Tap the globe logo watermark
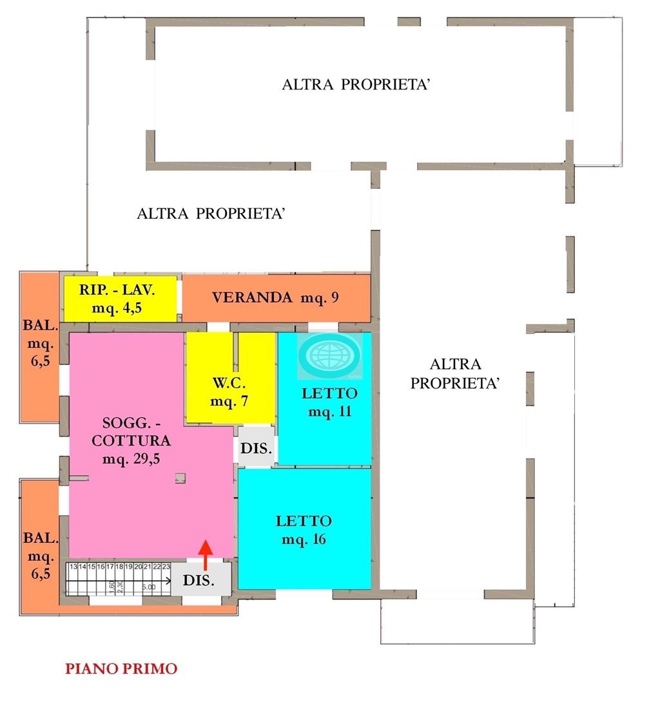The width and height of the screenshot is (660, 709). (x=331, y=355)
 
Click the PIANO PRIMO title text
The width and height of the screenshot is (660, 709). (x=121, y=669)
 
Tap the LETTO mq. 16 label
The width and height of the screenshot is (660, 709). (x=304, y=529)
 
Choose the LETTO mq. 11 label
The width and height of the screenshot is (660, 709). (x=329, y=402)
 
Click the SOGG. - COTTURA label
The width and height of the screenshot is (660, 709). (x=128, y=440)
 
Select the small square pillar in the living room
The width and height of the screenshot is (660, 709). (x=180, y=477)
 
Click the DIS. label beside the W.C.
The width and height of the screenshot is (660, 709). (x=257, y=447)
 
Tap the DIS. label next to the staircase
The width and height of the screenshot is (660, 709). (x=199, y=580)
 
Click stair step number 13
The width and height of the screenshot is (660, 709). (x=74, y=567)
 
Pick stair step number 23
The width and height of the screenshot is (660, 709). (x=166, y=567)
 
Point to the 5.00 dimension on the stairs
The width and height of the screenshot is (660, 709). (x=149, y=587)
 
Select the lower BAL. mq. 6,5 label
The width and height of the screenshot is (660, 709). (x=38, y=556)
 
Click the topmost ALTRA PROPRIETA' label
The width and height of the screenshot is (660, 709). (x=356, y=85)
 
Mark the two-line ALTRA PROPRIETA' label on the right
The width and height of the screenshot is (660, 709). (x=456, y=373)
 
